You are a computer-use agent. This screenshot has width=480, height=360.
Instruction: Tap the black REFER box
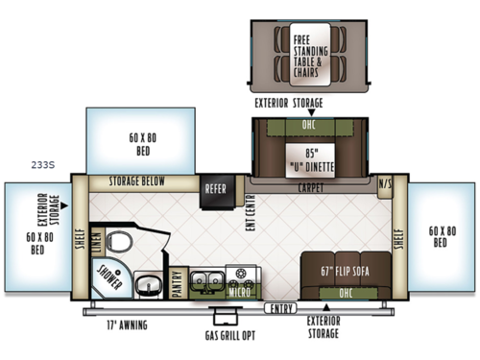(x=215, y=189)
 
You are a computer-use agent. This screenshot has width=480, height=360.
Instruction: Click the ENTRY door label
(x=279, y=308)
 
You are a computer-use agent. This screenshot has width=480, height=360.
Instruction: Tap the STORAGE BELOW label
(x=136, y=181)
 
